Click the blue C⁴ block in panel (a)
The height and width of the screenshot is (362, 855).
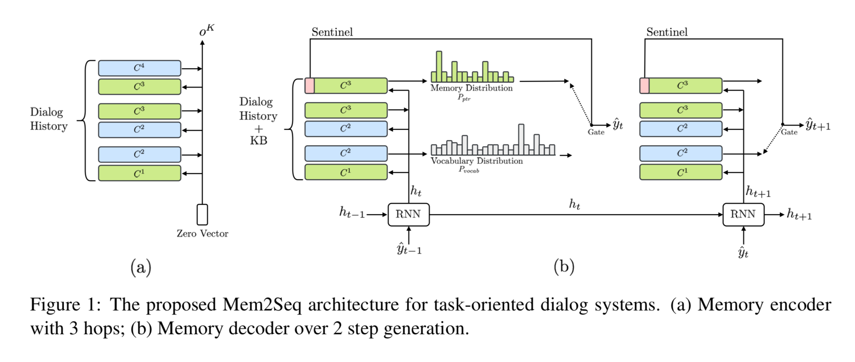[139, 68]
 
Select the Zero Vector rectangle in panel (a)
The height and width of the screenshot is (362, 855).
[202, 214]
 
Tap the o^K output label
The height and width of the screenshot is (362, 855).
[207, 30]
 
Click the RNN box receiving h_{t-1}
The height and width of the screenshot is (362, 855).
[409, 214]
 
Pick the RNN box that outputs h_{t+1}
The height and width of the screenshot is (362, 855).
[743, 214]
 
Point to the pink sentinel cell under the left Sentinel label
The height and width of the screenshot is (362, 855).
[309, 86]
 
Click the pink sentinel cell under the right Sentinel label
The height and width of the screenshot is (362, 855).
[644, 86]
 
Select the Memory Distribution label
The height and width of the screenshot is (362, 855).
[471, 88]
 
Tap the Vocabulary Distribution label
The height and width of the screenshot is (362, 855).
[477, 161]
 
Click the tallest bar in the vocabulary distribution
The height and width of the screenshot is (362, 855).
[521, 139]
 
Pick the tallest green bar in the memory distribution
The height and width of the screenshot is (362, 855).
[439, 67]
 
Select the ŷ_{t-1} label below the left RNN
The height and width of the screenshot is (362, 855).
[409, 248]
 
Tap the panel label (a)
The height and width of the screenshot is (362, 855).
[141, 267]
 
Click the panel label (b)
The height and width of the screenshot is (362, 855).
[564, 266]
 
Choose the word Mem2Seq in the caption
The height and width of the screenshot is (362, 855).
[262, 305]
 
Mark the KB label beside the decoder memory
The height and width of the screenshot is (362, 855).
[258, 140]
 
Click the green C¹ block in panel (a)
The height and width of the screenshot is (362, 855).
[139, 173]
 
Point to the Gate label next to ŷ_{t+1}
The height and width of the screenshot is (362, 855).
[789, 132]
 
